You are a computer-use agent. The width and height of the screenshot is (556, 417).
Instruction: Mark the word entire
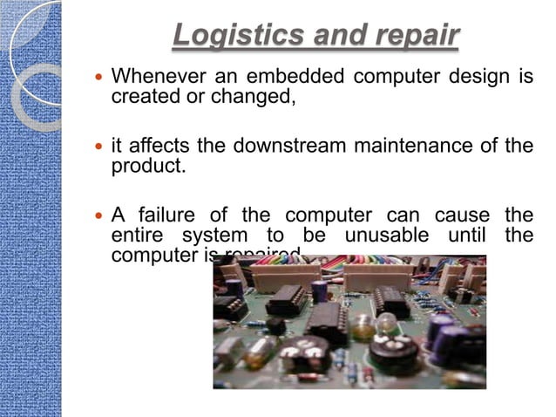point(140,236)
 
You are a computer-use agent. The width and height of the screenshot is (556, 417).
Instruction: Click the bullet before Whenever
point(98,78)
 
